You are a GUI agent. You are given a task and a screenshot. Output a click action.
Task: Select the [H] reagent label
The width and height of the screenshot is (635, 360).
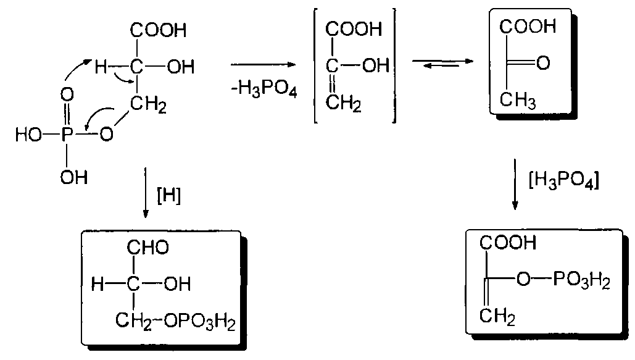(169, 197)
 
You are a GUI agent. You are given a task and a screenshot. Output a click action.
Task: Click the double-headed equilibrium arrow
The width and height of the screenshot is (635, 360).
(442, 62)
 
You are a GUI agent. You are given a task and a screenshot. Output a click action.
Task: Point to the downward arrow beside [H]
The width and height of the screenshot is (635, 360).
(144, 191)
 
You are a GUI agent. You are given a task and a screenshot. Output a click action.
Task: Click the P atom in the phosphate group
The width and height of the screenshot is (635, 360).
(68, 135)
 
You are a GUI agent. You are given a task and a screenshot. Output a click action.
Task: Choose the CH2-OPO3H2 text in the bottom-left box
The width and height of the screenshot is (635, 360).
(177, 320)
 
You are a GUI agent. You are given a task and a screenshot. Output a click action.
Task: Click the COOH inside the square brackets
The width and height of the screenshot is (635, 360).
(354, 29)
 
